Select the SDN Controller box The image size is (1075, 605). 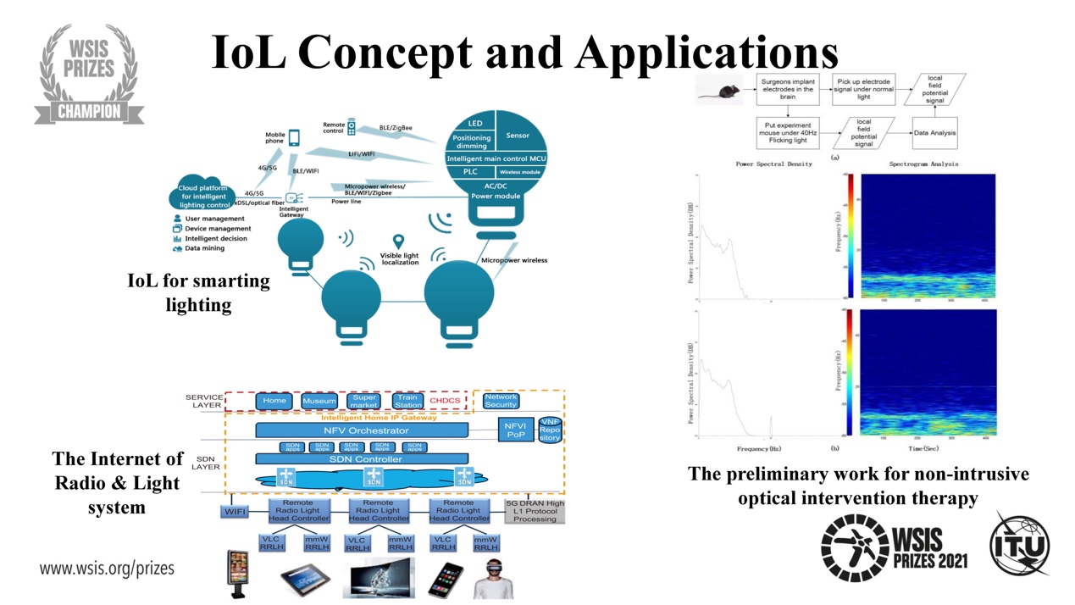point(366,459)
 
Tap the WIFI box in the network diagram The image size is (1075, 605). point(235,512)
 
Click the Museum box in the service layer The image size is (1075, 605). point(319,401)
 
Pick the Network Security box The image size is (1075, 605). point(501,401)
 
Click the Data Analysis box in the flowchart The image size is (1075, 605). point(935,133)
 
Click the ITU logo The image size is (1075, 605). point(1020,545)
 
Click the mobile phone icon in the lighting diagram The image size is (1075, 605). point(294,138)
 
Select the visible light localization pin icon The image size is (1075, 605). point(398,243)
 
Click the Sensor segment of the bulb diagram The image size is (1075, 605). point(518,136)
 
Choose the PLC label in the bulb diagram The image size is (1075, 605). point(470,172)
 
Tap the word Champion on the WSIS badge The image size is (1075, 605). point(89,111)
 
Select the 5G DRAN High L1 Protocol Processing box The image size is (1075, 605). point(535,511)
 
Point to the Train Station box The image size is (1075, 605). point(407,401)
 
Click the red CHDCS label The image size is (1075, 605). point(446,401)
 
